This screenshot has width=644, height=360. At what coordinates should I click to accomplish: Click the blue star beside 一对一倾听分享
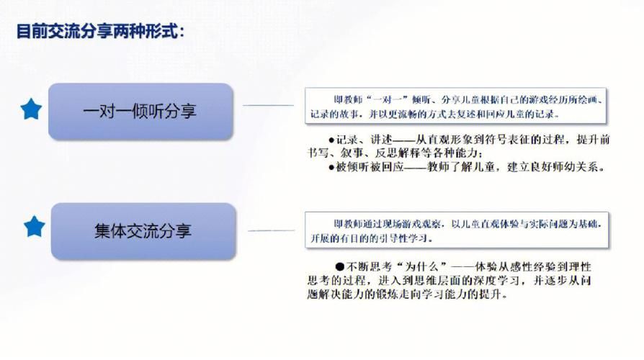(31, 109)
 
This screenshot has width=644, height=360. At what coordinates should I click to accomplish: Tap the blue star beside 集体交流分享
(34, 227)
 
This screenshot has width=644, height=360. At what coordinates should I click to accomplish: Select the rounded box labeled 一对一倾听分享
(140, 111)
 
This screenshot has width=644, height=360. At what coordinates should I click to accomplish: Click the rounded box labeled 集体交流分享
(143, 231)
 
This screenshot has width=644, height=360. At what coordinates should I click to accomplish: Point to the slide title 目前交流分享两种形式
(100, 31)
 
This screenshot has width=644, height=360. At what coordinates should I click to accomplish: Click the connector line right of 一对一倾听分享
(268, 106)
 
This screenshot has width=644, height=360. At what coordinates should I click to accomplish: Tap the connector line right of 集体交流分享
(271, 230)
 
